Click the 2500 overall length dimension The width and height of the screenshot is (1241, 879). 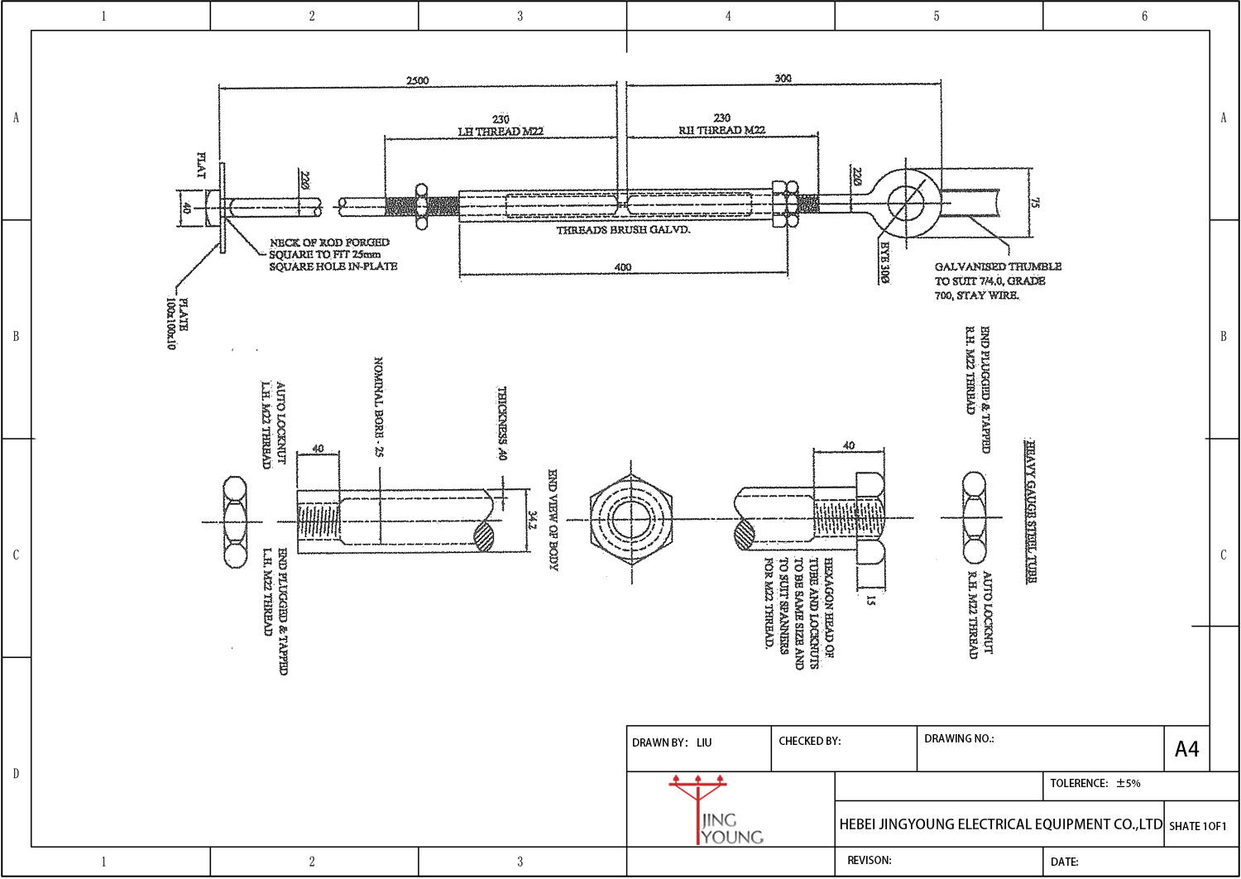[418, 80]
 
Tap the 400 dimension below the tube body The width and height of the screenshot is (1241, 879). [623, 267]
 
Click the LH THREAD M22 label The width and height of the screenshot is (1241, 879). [501, 131]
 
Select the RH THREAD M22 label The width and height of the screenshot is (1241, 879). [721, 130]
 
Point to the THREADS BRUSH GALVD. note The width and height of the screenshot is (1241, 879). [623, 230]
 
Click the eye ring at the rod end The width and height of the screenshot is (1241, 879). [905, 202]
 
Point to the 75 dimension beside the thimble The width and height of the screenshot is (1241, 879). [1035, 202]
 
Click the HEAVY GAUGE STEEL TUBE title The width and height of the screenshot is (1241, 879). [1031, 512]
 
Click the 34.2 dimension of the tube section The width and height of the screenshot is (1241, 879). [533, 520]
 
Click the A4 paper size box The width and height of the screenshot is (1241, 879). [1186, 749]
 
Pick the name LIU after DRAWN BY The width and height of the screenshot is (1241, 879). [703, 742]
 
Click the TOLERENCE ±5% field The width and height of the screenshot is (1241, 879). [1095, 783]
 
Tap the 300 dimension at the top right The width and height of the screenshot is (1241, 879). [783, 79]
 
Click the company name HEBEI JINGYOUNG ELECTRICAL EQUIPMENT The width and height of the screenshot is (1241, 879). [1000, 824]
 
